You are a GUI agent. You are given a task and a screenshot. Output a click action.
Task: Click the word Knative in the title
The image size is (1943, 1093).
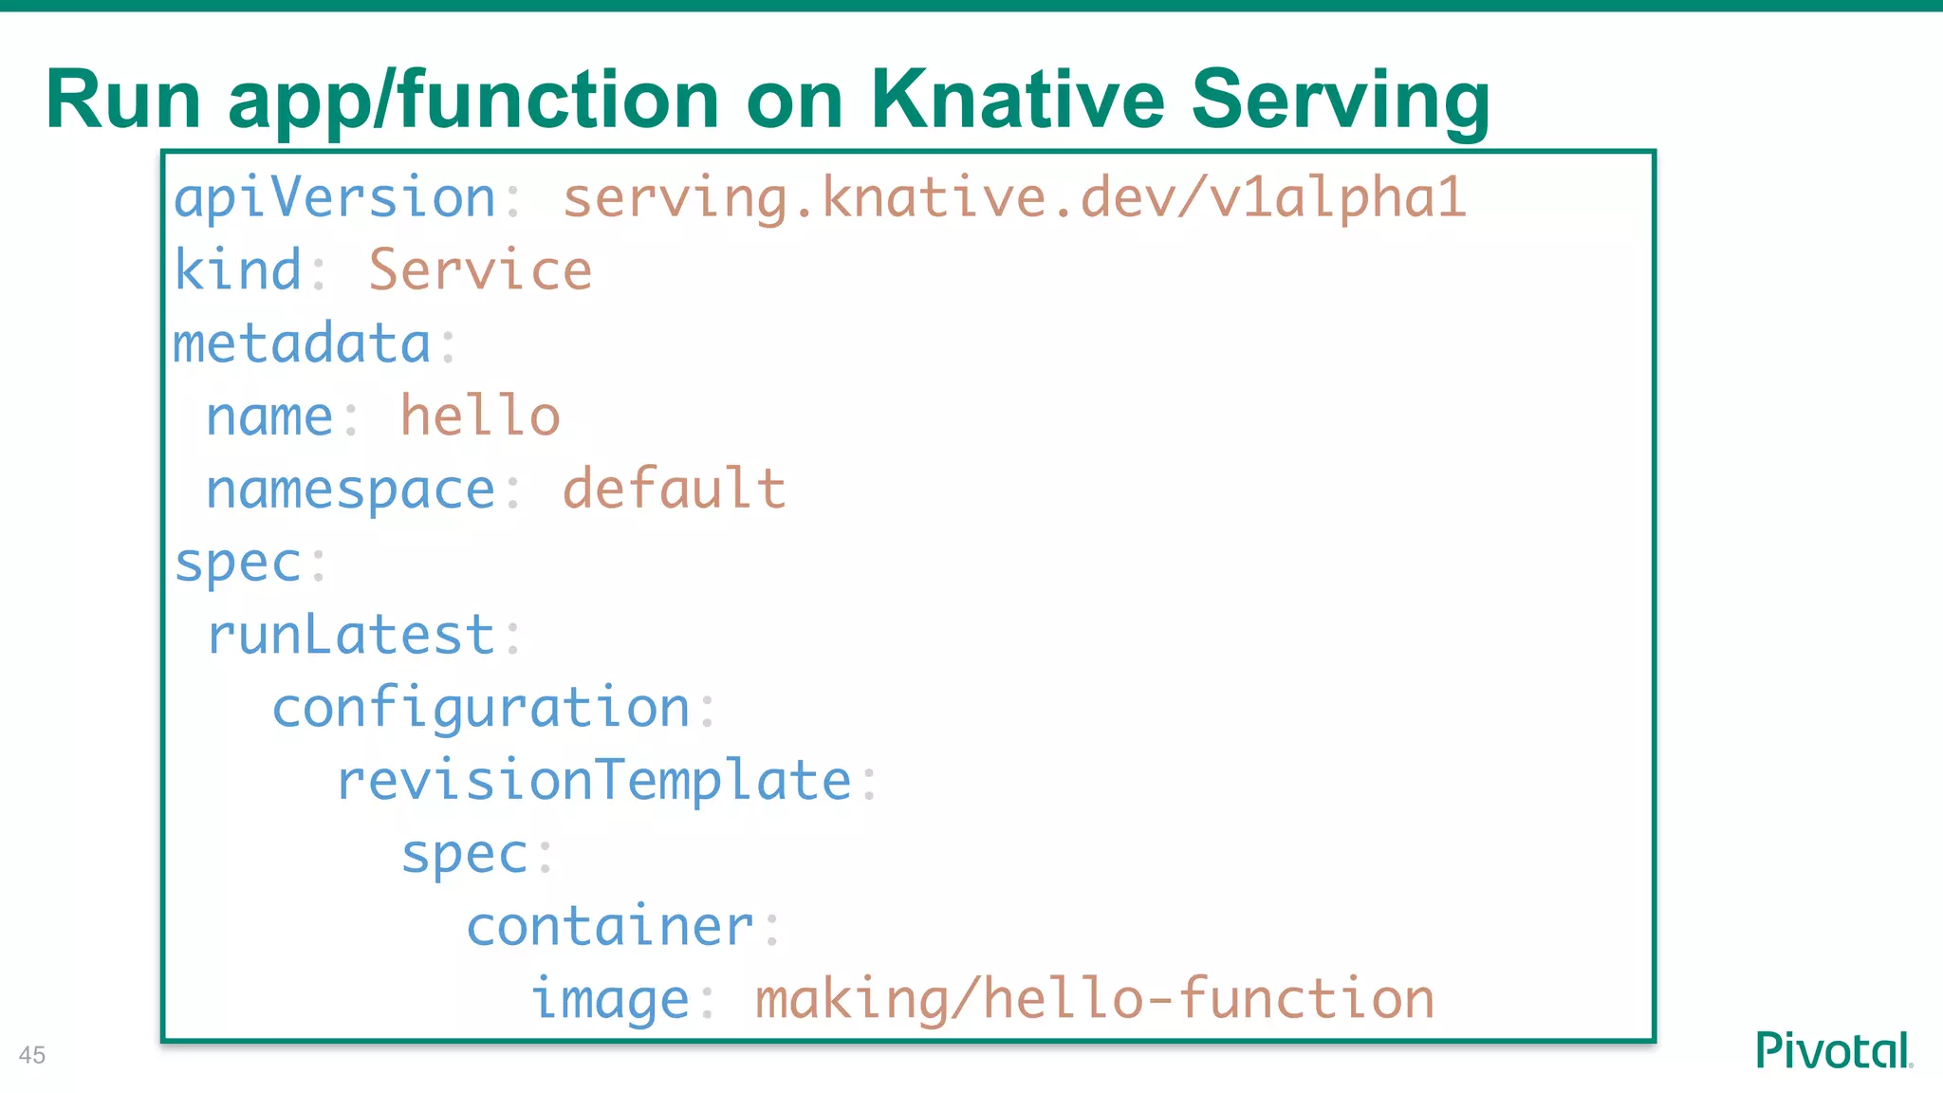click(1017, 100)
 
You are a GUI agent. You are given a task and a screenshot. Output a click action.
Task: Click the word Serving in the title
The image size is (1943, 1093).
click(1340, 100)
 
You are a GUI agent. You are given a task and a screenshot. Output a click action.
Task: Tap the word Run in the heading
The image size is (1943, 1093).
click(123, 100)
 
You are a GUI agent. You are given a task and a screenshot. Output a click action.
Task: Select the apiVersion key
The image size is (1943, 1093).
click(335, 199)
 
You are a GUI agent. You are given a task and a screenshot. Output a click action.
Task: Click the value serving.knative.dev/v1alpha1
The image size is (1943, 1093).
click(1014, 199)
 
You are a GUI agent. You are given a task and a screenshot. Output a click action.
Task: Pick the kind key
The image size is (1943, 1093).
click(237, 271)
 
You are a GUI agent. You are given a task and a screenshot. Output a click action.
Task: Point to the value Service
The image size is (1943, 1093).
click(480, 271)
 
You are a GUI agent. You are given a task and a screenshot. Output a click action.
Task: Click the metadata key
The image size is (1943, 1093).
click(302, 343)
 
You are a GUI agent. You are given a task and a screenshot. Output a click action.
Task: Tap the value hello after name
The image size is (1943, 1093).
click(480, 417)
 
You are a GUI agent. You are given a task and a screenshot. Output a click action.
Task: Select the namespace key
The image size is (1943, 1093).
click(351, 490)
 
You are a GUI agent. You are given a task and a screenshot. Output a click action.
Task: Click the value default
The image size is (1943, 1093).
click(674, 490)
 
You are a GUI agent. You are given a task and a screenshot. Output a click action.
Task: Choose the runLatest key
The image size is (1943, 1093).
click(351, 636)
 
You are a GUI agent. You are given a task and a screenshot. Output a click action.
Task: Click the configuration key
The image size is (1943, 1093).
click(481, 709)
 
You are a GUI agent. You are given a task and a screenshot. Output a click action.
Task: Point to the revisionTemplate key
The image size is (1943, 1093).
click(594, 781)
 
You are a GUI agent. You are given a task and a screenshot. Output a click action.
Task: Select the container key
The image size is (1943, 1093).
click(610, 927)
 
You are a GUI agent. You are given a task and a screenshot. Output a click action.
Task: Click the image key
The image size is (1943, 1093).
click(610, 1000)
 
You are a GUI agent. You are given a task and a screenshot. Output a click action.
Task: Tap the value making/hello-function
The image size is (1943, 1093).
click(1094, 1000)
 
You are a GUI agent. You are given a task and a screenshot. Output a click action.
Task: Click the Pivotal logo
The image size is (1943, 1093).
click(1833, 1050)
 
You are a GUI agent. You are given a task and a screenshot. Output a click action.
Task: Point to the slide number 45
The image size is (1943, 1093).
click(32, 1055)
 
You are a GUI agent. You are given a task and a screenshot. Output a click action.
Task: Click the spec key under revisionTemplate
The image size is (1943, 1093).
click(464, 854)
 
